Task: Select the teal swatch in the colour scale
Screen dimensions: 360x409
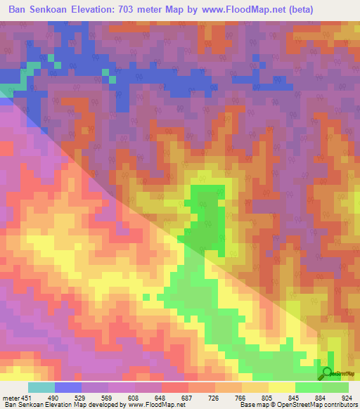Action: [41, 387]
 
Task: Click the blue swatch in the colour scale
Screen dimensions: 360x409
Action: [68, 387]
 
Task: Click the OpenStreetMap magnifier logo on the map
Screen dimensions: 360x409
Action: [327, 373]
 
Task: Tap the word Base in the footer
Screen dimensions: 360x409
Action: [246, 405]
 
